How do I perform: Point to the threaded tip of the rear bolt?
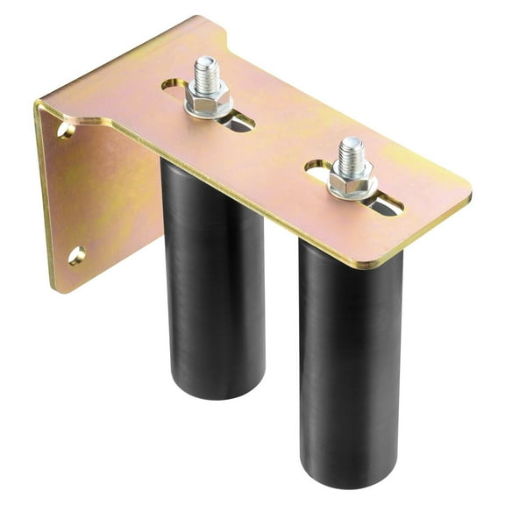[x=207, y=68]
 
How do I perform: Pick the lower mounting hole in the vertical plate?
[x=76, y=255]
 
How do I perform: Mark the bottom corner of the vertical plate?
[x=54, y=288]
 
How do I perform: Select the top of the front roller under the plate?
[x=351, y=250]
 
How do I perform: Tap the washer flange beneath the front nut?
[x=353, y=192]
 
